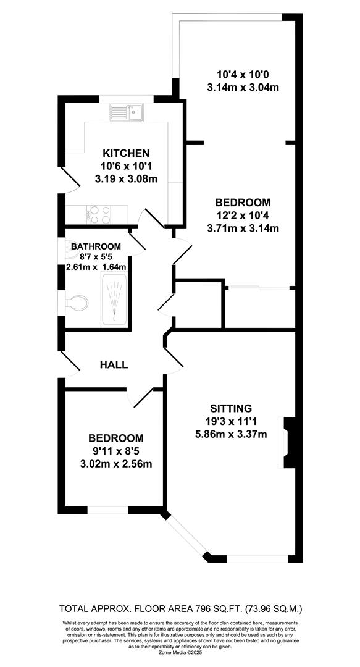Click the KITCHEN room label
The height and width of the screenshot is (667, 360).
pyautogui.click(x=126, y=153)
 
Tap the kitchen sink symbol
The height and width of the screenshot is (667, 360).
pyautogui.click(x=127, y=112)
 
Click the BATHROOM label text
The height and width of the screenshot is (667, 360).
pyautogui.click(x=96, y=246)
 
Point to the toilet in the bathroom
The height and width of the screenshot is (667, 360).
pyautogui.click(x=77, y=302)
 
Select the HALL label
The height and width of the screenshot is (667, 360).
pyautogui.click(x=114, y=364)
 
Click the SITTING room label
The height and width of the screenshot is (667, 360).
pyautogui.click(x=231, y=408)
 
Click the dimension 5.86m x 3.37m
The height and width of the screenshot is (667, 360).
pyautogui.click(x=231, y=434)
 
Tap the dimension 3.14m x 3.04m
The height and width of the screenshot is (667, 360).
pyautogui.click(x=244, y=87)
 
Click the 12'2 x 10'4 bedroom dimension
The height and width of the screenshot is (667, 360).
pyautogui.click(x=243, y=216)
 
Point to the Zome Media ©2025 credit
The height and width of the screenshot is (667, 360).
pyautogui.click(x=180, y=652)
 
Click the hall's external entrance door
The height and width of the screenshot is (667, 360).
pyautogui.click(x=70, y=364)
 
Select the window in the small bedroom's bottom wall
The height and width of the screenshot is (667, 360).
pyautogui.click(x=107, y=510)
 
